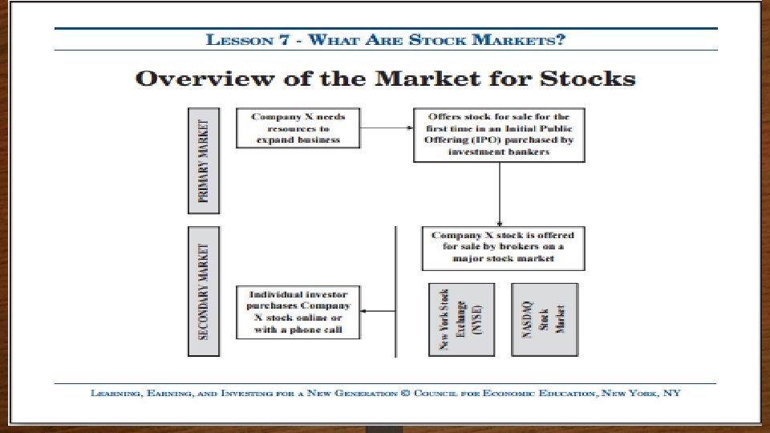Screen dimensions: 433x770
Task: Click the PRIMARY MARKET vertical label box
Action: point(203,160)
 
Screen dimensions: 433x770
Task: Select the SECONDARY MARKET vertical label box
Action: point(203,291)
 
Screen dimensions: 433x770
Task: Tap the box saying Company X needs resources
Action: point(298,128)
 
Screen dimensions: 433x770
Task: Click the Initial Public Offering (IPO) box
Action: point(499,135)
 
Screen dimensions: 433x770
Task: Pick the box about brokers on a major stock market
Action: point(503,248)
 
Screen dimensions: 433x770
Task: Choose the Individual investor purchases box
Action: point(298,310)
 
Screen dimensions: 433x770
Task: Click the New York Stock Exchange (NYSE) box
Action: point(456,319)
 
